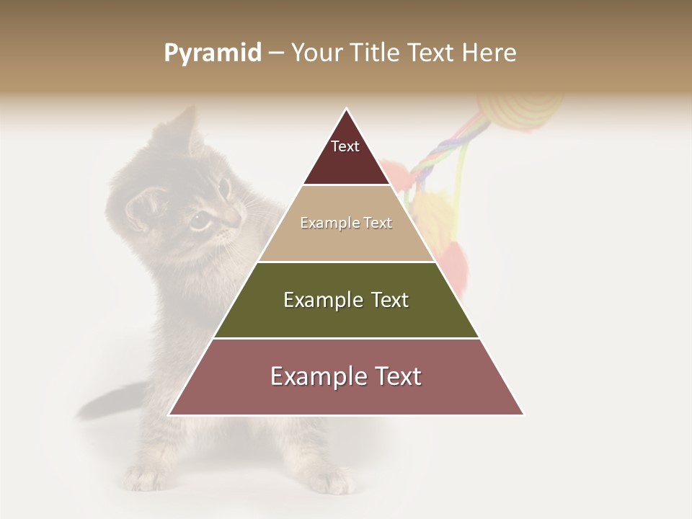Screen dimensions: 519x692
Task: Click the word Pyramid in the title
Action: pyautogui.click(x=212, y=53)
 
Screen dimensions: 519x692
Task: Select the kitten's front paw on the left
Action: pyautogui.click(x=148, y=476)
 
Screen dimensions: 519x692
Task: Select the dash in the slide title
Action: pyautogui.click(x=276, y=53)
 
